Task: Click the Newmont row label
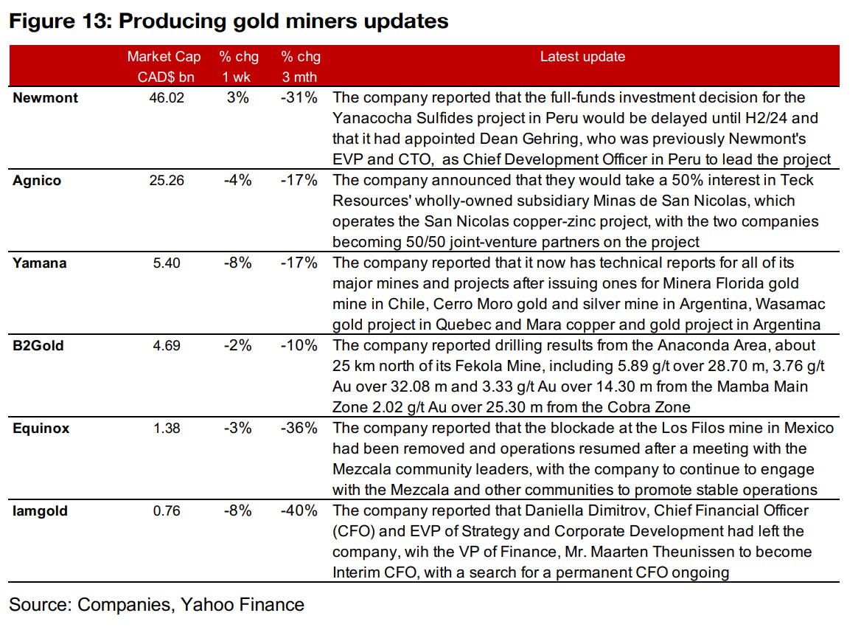click(45, 98)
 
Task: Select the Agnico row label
click(37, 181)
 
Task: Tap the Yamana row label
click(40, 263)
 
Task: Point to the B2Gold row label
click(38, 346)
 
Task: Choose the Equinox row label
click(41, 429)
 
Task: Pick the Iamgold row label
click(41, 511)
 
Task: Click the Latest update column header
click(582, 57)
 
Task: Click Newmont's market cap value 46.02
click(164, 98)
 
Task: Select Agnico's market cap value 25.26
click(164, 181)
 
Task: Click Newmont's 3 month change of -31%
click(299, 98)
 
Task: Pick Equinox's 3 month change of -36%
click(299, 429)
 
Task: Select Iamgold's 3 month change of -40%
click(299, 511)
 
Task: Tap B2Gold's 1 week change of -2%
click(238, 346)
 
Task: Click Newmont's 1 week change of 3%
click(238, 98)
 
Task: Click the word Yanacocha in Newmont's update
click(369, 119)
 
